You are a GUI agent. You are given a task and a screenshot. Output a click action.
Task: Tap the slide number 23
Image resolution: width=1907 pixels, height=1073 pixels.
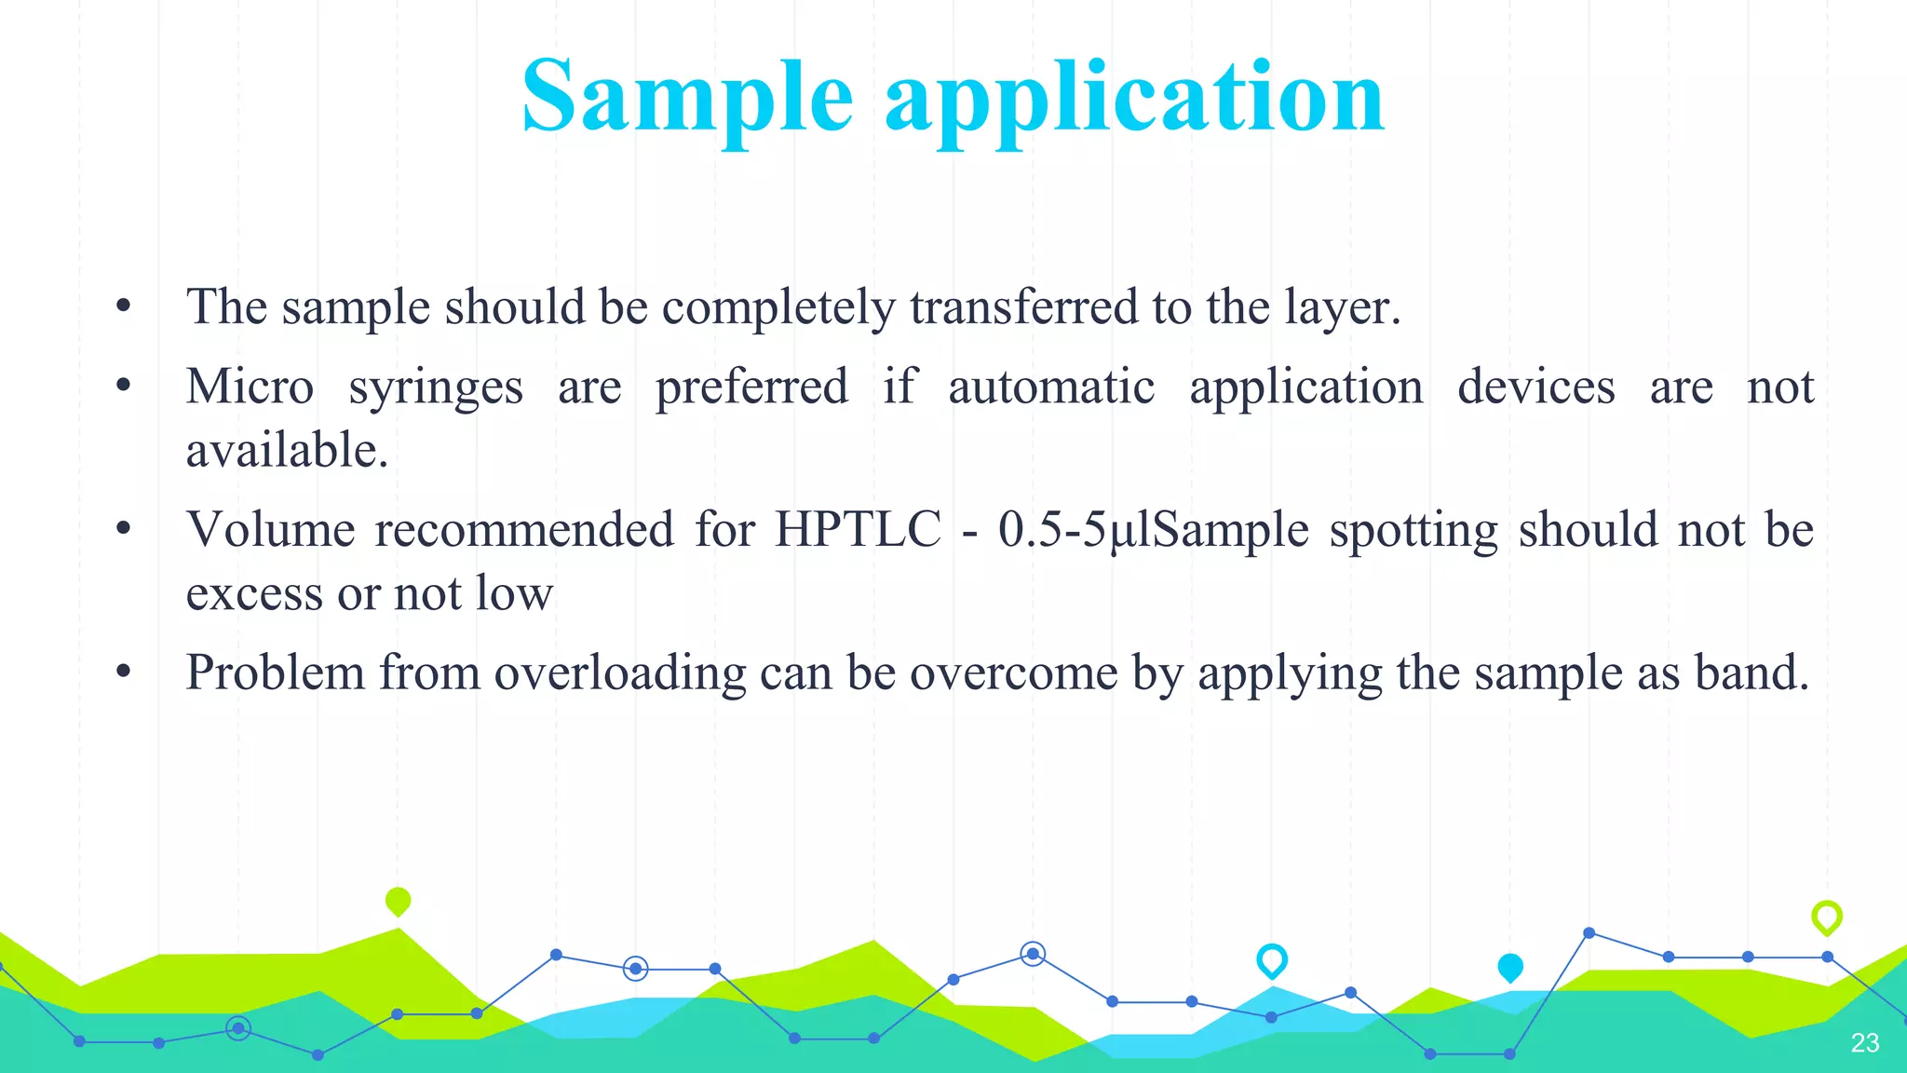1864,1042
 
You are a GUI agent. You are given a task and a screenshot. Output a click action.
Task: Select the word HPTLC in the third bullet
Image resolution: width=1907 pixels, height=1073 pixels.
858,530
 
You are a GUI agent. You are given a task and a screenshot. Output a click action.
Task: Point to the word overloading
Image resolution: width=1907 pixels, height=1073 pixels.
620,672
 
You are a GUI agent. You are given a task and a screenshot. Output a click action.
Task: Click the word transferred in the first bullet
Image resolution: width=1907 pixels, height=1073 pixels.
1023,307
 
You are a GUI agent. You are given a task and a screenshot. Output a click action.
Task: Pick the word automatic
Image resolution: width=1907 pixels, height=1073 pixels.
1051,387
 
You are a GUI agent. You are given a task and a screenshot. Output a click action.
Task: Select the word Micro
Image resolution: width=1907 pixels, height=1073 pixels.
250,387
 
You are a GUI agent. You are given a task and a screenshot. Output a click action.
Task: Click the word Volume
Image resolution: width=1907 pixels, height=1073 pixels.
271,530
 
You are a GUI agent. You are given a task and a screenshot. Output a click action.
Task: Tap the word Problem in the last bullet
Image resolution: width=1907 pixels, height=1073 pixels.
275,672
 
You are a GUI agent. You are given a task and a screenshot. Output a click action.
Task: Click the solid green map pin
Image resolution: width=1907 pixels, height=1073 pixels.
398,901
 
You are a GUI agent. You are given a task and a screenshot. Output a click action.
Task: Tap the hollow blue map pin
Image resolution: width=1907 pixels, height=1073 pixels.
1271,959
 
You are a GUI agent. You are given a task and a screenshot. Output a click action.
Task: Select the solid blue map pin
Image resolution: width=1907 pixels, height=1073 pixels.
1509,967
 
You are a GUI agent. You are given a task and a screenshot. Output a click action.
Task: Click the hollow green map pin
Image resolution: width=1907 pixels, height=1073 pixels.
1826,917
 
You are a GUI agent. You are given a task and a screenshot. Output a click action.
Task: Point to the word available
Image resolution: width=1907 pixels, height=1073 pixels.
286,451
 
